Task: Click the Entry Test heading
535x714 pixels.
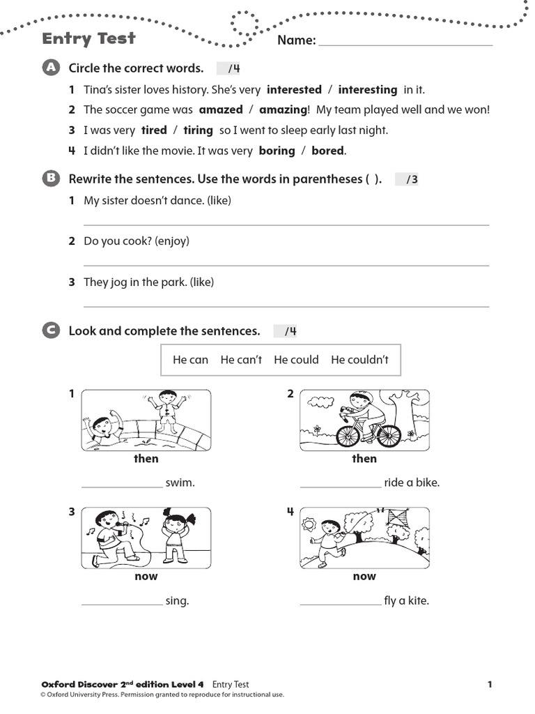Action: coord(88,38)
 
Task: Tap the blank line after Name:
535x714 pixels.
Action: coord(405,43)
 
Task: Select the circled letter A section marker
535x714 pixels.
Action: coord(50,68)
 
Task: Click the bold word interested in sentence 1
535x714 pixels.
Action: coord(294,90)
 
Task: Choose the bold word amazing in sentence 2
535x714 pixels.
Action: coord(282,110)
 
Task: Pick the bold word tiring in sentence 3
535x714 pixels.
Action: coord(198,130)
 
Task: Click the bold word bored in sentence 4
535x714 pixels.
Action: coord(327,151)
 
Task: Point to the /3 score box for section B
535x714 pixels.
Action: coord(408,180)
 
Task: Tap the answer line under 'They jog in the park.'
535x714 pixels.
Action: coord(286,305)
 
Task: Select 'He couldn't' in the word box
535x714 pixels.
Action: coord(359,360)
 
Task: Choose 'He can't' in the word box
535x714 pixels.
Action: coord(241,360)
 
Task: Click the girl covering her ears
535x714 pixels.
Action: coord(173,535)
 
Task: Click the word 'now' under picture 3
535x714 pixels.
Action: coord(146,577)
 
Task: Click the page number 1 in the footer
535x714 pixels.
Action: coord(490,685)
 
